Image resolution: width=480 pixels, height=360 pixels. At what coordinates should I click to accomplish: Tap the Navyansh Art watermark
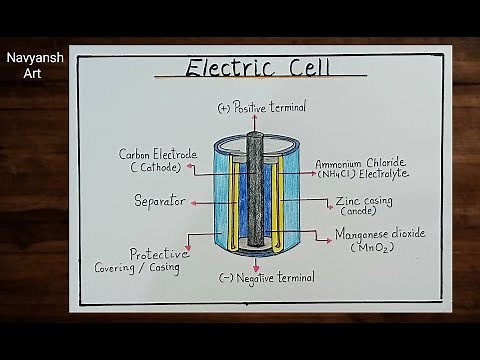pos(35,66)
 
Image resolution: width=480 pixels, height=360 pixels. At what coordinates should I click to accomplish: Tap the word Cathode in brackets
pos(157,168)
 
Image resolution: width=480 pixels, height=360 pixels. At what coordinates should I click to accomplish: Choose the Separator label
pos(160,201)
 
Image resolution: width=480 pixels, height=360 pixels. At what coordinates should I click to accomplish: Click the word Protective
pos(159,254)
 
